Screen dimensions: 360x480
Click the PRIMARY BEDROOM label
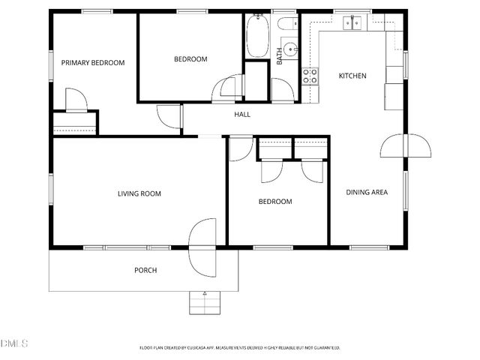coord(93,63)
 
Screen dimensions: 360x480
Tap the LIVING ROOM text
coord(139,193)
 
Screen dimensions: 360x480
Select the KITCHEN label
coord(352,76)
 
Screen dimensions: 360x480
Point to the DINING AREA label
coord(367,193)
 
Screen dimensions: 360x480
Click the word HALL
coord(242,115)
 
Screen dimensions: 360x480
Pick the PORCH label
coord(145,270)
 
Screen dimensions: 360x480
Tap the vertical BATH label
coord(280,57)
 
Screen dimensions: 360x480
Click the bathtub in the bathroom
coord(256,36)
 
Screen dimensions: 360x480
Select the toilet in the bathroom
coord(286,25)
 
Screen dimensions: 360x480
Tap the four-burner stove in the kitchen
coord(308,75)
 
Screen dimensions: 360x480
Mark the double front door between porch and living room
coord(203,247)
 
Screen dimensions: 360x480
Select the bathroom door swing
coord(282,89)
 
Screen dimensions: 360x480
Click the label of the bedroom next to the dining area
coord(275,202)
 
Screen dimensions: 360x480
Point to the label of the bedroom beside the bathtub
coord(190,59)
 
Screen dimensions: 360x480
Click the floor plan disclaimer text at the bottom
coord(240,347)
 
